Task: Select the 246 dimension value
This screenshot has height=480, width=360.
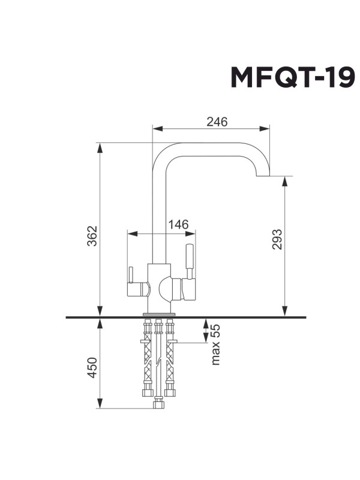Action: tap(217, 122)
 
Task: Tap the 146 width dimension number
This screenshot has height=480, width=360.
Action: tap(178, 224)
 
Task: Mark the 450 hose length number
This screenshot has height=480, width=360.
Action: tap(92, 368)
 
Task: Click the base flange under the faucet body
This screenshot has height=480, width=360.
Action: tap(159, 313)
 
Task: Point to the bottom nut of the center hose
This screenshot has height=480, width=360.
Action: tap(158, 404)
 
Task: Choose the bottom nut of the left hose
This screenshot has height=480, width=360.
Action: tap(146, 393)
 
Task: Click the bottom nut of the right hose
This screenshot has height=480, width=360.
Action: tap(170, 393)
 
